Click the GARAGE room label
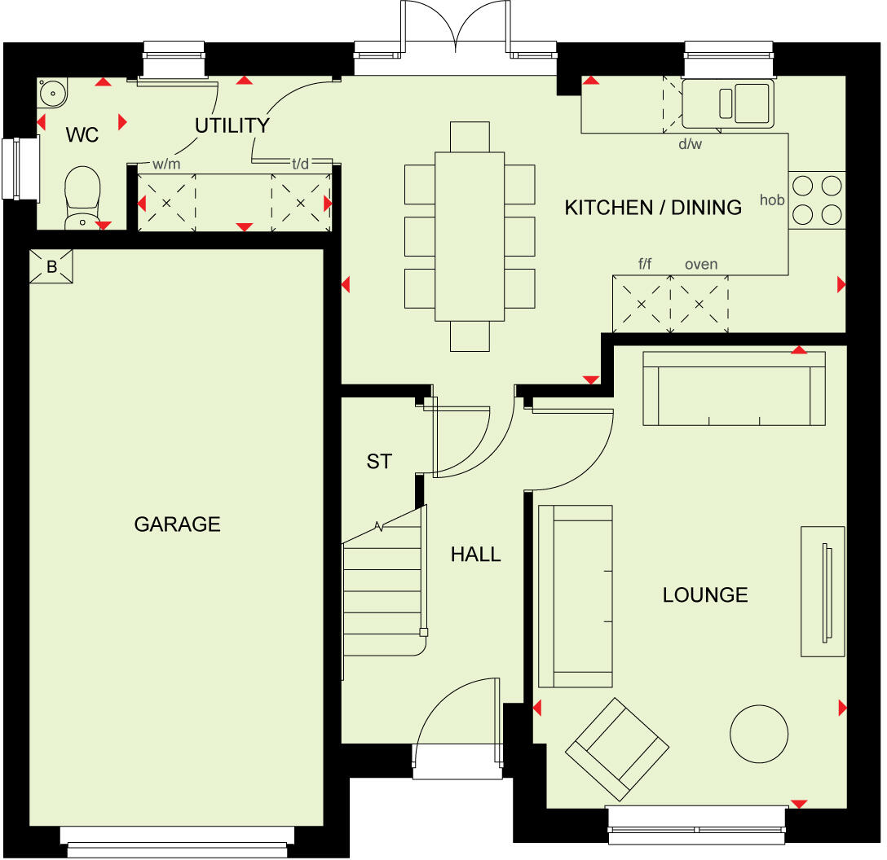tap(177, 524)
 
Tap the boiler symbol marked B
tap(51, 266)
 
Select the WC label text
tap(82, 135)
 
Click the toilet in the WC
tap(82, 196)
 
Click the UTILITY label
tap(232, 125)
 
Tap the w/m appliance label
tap(165, 164)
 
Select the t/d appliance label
tap(301, 164)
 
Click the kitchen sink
tap(726, 103)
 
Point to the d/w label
tap(690, 144)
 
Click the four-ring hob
tap(816, 200)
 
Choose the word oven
tap(701, 264)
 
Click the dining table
tap(470, 236)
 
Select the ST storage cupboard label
tap(379, 462)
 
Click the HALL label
tap(476, 555)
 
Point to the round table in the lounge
tap(759, 733)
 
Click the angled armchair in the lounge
tap(617, 749)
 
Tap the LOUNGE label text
tap(705, 595)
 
